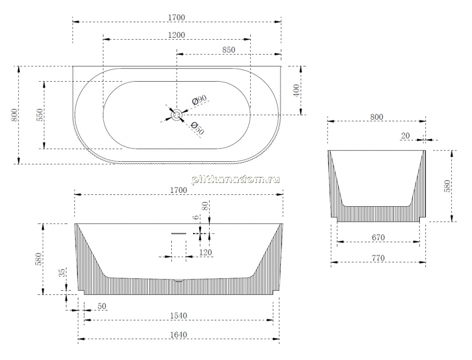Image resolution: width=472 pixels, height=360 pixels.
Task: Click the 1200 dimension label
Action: click(177, 35)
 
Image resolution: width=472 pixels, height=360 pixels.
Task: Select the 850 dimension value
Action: click(228, 50)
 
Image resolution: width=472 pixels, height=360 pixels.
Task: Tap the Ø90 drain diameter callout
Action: click(199, 100)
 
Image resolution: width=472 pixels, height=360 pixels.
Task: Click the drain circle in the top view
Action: click(177, 115)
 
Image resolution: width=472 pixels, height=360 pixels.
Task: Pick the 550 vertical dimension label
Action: click(40, 115)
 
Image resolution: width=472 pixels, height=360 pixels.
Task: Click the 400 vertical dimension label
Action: click(296, 90)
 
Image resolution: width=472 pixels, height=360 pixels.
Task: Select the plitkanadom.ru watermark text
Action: click(236, 180)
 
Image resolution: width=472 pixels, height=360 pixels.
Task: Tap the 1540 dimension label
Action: click(178, 316)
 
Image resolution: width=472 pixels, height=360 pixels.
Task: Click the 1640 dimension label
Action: click(178, 335)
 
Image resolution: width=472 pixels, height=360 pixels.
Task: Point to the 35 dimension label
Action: click(61, 273)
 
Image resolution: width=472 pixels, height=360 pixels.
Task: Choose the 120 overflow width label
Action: click(206, 252)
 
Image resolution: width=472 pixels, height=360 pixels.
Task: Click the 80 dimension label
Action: click(205, 206)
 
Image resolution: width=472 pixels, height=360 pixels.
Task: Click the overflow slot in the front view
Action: click(179, 233)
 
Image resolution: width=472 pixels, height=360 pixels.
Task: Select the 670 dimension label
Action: click(378, 237)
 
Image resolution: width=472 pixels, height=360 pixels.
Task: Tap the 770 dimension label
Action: click(378, 258)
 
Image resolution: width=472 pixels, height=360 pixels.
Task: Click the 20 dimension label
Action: click(405, 136)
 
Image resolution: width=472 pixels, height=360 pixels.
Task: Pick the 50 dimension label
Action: click(102, 306)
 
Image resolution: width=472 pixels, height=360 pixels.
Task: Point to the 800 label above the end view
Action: click(377, 117)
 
